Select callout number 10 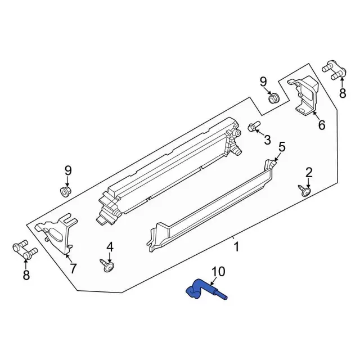218,272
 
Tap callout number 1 237,246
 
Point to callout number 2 309,172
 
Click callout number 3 267,139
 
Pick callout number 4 110,247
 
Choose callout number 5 282,147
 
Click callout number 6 321,125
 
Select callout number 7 73,268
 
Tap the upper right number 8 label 343,93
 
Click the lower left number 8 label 26,275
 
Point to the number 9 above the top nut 263,82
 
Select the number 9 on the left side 68,170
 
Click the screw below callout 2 305,191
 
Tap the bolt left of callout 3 253,128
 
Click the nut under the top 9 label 273,99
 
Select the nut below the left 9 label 65,192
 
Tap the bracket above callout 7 57,232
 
